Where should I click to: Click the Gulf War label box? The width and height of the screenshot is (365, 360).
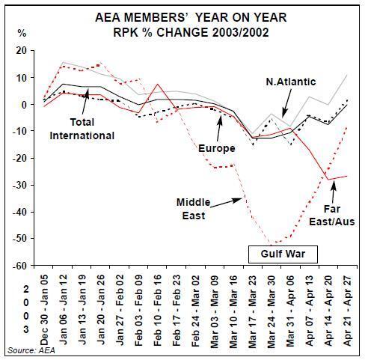(283, 254)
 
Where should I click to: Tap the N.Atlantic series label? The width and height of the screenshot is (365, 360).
(291, 82)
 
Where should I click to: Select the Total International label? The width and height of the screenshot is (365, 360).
(82, 129)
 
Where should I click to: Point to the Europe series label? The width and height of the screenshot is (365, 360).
(217, 149)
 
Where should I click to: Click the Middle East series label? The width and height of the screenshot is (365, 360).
(194, 209)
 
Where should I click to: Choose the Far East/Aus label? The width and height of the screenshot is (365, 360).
(332, 216)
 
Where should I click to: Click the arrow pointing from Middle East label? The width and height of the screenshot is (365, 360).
(227, 202)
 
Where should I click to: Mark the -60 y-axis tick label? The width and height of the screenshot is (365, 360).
(19, 266)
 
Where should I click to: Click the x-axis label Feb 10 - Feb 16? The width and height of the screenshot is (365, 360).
(158, 311)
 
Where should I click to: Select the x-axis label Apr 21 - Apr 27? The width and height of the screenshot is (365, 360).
(348, 311)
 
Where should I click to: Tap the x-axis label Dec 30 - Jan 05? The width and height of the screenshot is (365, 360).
(43, 311)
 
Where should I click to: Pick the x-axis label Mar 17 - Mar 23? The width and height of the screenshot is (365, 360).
(253, 312)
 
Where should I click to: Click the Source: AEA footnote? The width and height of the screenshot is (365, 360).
(31, 350)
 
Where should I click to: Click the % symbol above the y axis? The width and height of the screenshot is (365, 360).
(22, 33)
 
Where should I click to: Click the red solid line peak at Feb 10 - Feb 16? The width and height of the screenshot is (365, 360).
(158, 84)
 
